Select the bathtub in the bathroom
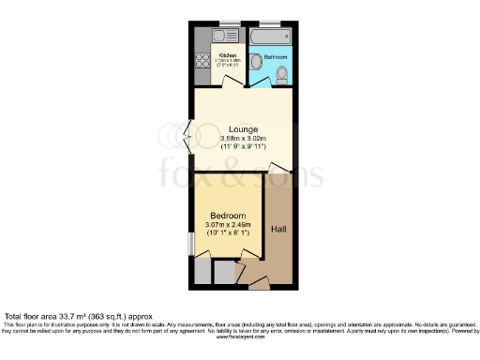pyautogui.click(x=270, y=37)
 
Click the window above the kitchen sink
pyautogui.click(x=227, y=23)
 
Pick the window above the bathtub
pyautogui.click(x=270, y=23)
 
